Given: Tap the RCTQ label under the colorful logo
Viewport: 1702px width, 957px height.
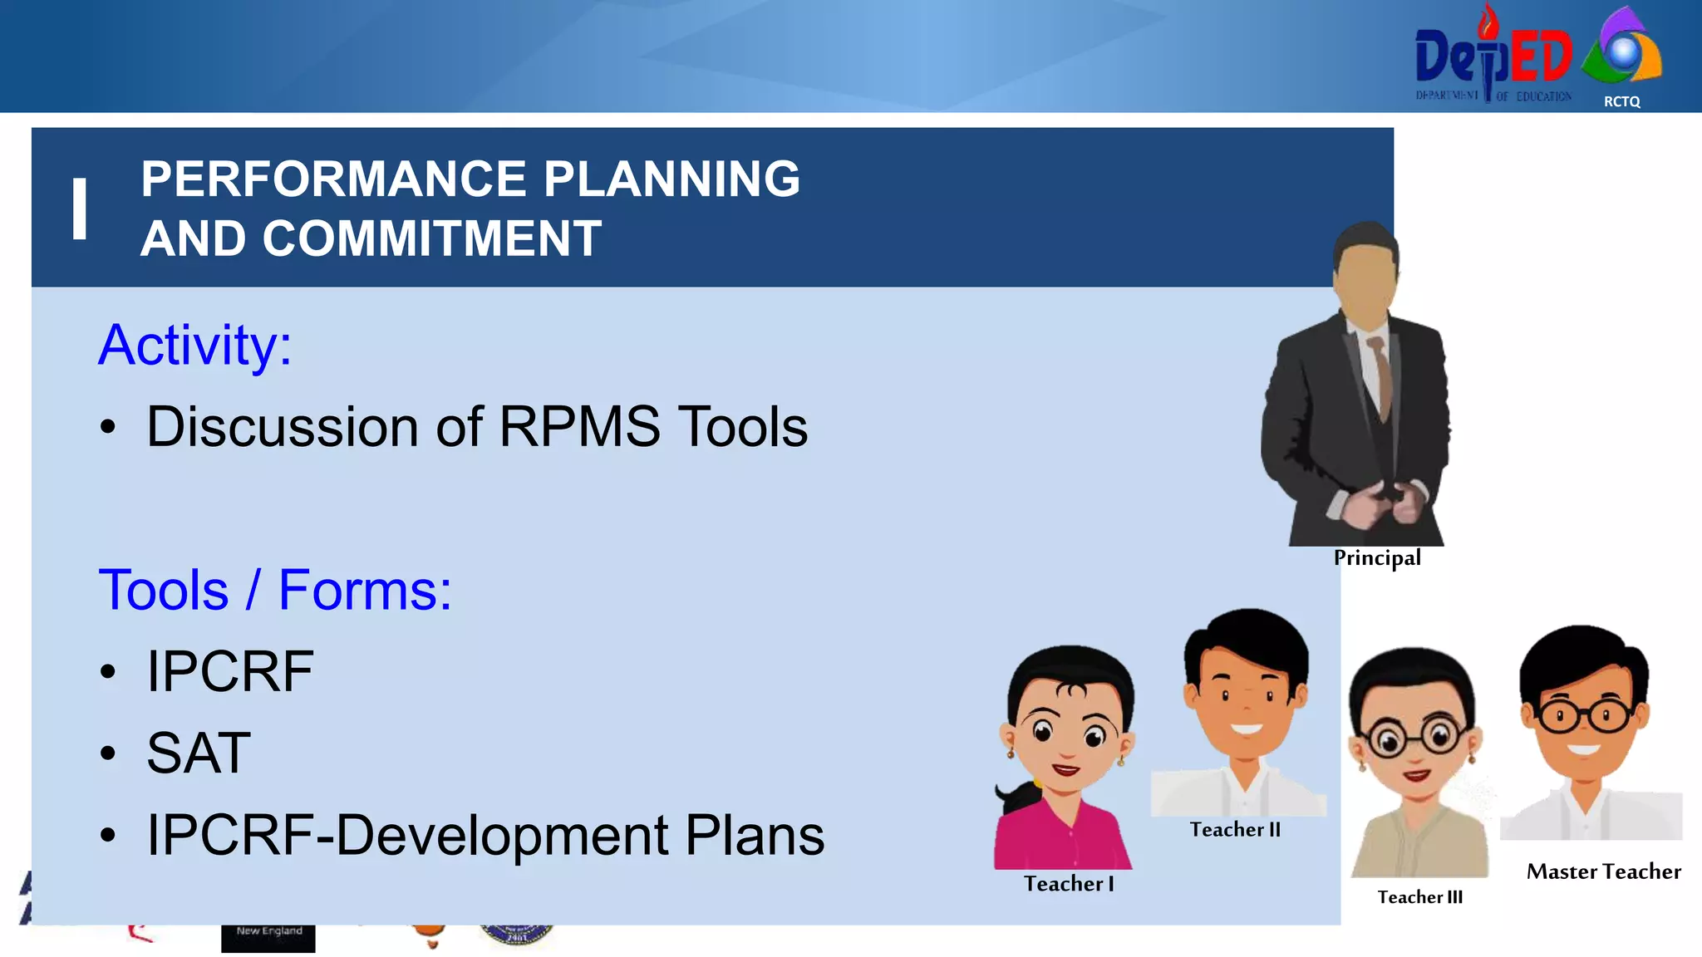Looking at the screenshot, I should pos(1621,101).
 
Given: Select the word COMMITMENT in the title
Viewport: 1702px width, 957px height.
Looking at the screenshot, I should pos(431,239).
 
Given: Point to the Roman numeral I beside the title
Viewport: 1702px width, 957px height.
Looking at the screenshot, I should pos(80,209).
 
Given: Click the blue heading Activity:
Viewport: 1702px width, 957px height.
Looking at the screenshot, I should pos(195,345).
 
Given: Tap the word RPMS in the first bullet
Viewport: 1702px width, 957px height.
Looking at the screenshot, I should pos(579,428).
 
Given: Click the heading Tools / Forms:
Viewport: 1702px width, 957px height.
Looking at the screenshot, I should pos(275,591).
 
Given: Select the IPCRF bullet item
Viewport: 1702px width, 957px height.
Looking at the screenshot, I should pos(230,672).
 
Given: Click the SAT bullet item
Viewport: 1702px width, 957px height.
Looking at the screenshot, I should pos(199,753).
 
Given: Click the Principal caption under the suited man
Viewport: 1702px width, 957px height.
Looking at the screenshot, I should pos(1377,557).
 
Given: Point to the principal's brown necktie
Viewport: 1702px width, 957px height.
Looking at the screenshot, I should pos(1383,378).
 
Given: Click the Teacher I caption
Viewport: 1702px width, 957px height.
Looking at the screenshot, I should pos(1069,884).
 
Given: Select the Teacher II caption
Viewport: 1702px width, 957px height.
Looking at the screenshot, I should pos(1235,830).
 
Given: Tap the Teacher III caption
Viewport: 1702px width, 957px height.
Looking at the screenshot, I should pos(1419,897).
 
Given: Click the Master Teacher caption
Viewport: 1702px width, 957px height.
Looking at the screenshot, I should pos(1603,871).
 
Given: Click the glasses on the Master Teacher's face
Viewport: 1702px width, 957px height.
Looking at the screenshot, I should pos(1584,715).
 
